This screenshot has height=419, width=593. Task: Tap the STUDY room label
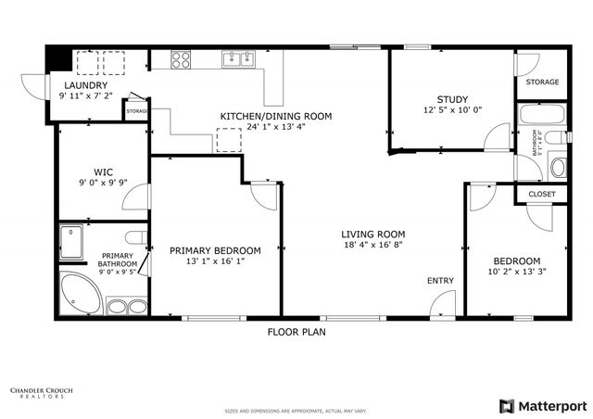point(452,100)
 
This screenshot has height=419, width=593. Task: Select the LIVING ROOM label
point(372,234)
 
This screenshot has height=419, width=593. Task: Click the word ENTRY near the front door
point(440,280)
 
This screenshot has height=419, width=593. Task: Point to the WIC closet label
point(102,171)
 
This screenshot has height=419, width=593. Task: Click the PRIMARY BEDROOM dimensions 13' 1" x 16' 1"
point(215,262)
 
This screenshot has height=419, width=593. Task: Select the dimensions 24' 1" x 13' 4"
point(275,128)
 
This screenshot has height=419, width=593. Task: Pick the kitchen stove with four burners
point(181,60)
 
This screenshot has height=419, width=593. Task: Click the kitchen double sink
point(239,60)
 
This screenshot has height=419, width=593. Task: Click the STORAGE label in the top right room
point(542,83)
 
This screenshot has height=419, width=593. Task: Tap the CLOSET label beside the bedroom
point(541,194)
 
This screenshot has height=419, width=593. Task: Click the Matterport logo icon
point(505,405)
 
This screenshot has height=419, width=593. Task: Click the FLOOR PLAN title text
point(296,331)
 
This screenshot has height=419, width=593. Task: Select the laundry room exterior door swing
point(35,85)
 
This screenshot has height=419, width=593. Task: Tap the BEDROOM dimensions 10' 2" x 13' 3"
point(516,273)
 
